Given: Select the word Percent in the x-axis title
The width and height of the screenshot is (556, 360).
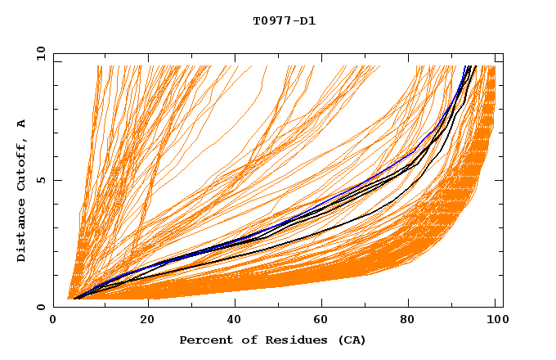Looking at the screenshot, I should pyautogui.click(x=204, y=340).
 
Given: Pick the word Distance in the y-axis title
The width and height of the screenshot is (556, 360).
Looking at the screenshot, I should pyautogui.click(x=22, y=232).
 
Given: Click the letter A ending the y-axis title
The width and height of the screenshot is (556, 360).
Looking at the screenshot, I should pyautogui.click(x=22, y=124).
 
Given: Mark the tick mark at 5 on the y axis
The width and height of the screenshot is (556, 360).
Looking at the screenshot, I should pyautogui.click(x=56, y=180).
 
